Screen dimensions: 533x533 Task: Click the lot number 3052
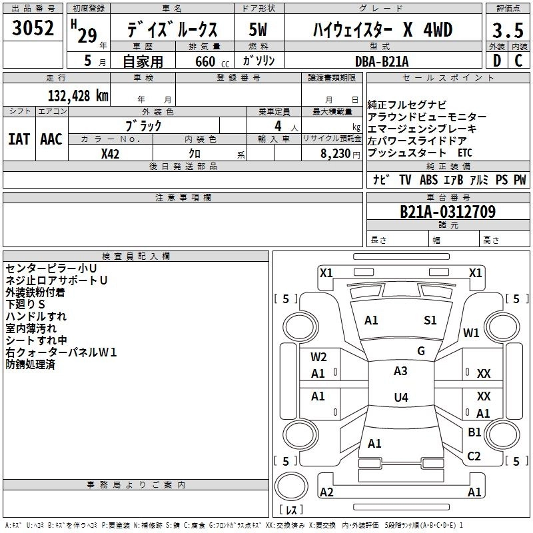coord(33,29)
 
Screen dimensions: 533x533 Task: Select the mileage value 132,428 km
coord(78,95)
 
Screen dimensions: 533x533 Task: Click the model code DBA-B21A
coord(382,61)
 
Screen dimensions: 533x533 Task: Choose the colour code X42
coord(111,154)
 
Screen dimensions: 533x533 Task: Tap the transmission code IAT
coord(19,139)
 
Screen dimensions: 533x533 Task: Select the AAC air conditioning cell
coord(51,139)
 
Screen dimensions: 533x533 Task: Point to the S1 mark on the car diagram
coord(430,320)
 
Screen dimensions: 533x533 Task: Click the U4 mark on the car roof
coord(400,398)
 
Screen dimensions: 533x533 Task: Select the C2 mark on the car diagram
coord(474,456)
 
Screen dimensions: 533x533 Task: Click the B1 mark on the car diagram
coord(474,432)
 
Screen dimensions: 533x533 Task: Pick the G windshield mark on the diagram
coord(421,351)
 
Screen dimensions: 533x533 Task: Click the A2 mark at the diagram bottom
coord(326,492)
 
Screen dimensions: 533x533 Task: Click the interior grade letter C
coord(518,61)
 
